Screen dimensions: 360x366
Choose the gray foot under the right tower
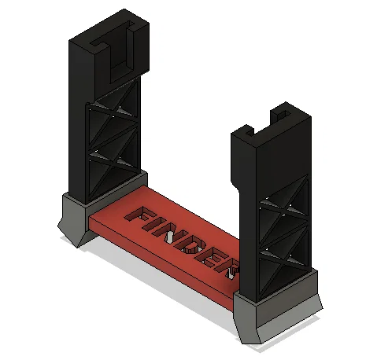[275, 314]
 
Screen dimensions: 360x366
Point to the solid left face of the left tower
[77, 118]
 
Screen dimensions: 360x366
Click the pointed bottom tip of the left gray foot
[80, 244]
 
